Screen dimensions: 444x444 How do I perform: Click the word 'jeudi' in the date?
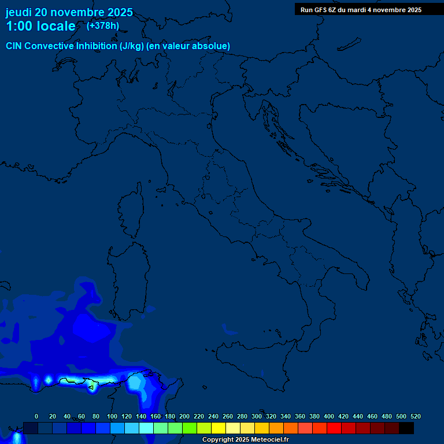click(x=19, y=12)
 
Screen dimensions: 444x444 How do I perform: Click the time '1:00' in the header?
click(x=18, y=26)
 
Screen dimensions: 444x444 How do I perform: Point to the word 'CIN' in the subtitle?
click(x=14, y=46)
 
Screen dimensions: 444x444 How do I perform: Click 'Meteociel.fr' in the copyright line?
click(x=269, y=440)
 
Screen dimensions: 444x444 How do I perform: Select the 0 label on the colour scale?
click(x=36, y=416)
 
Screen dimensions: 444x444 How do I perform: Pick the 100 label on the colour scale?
click(x=112, y=416)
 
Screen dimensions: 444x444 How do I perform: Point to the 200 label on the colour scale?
click(x=184, y=416)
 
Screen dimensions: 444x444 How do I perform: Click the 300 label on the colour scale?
click(x=257, y=416)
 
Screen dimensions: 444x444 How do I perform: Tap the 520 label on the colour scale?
click(x=416, y=416)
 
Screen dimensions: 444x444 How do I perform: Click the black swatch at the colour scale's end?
click(x=406, y=428)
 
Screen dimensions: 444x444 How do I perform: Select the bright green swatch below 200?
click(x=189, y=428)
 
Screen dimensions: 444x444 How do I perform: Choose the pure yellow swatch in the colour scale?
click(x=218, y=428)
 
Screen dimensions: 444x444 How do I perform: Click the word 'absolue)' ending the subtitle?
click(x=210, y=46)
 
